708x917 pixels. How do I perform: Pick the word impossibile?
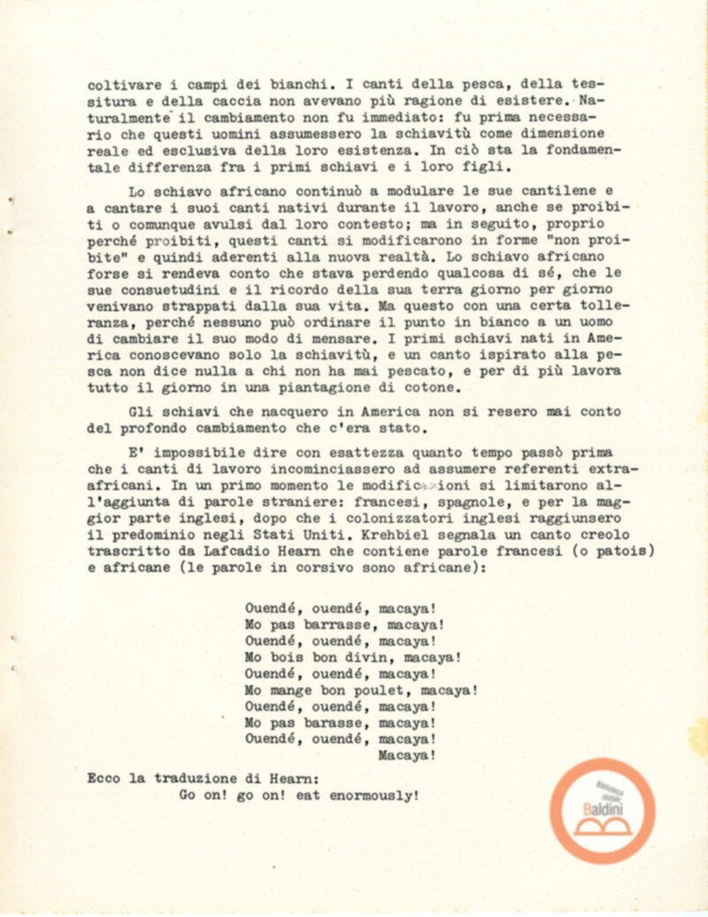(x=198, y=450)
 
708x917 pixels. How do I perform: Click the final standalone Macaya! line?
(x=406, y=756)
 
